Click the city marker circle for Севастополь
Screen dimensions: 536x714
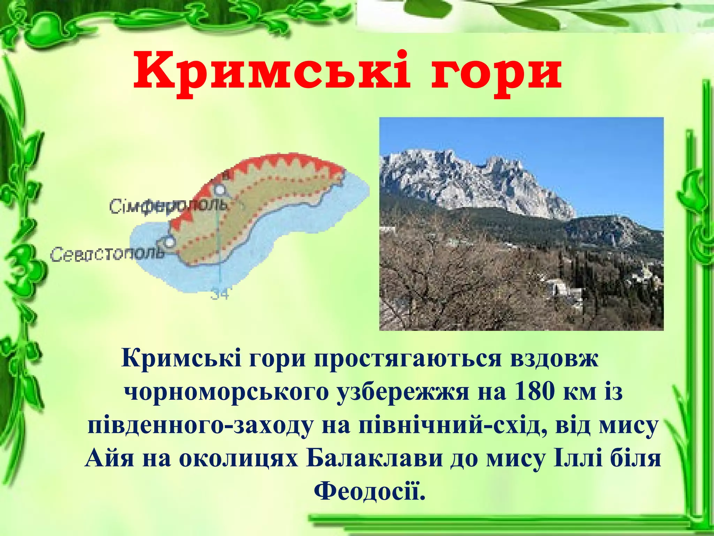pos(169,242)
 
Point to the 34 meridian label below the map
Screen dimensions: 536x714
pos(219,294)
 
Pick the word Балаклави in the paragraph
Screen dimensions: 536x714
pos(374,458)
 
